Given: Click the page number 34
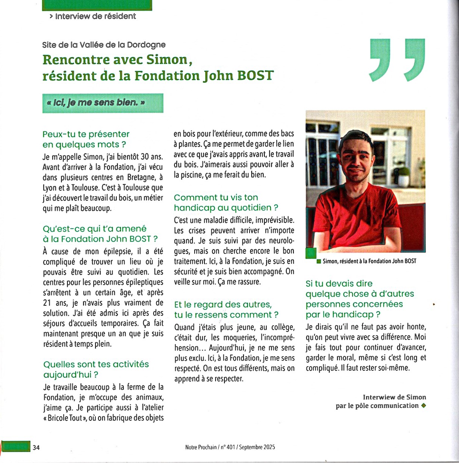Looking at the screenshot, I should pos(36,447).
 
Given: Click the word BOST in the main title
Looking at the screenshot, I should pos(255,75).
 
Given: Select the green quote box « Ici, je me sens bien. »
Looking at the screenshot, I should pos(103,103).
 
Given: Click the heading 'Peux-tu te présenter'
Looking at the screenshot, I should pos(86,134).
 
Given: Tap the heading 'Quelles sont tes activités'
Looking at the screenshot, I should pos(96,364).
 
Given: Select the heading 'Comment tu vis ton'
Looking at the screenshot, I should pos(216,198).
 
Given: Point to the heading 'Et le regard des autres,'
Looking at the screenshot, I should pos(223,305).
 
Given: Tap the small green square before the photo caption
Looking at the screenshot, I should pos(319,261).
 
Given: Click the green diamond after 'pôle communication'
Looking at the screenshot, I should pos(423,406).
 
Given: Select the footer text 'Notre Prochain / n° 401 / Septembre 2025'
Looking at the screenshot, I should pos(230,447).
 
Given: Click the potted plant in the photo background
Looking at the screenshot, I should pos(403,176).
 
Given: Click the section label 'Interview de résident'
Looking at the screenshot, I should pos(95,16).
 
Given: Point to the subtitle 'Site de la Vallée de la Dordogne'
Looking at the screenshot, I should pos(104,45).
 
